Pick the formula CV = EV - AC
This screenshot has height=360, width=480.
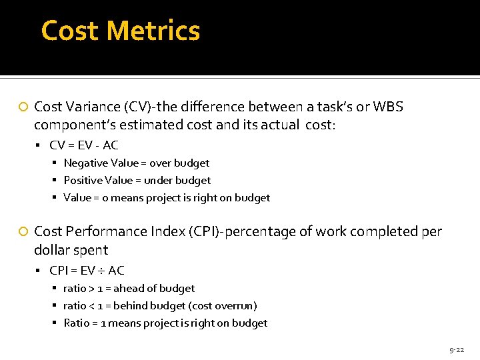(x=84, y=145)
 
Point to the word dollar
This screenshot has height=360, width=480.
(x=51, y=250)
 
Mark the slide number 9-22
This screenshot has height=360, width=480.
(x=457, y=349)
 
